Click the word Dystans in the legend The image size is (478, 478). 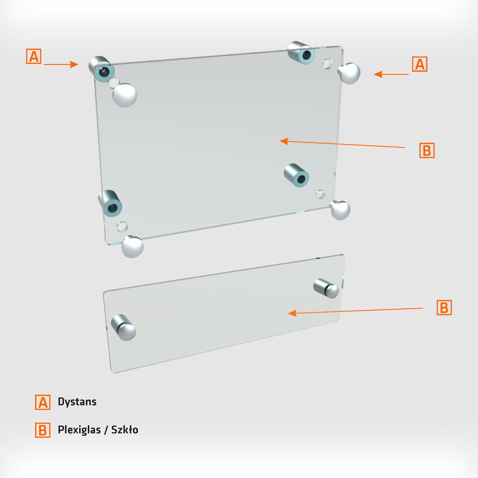(x=77, y=402)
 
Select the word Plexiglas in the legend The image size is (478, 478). (x=79, y=430)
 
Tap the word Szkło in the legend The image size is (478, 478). (x=125, y=430)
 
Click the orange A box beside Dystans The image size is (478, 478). (x=43, y=402)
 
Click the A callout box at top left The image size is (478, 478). (x=34, y=56)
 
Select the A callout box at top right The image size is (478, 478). (x=420, y=64)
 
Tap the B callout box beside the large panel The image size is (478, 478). (x=427, y=150)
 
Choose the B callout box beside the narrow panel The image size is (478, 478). (x=444, y=308)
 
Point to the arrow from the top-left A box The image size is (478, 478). (x=61, y=64)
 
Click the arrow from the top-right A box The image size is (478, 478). (x=391, y=74)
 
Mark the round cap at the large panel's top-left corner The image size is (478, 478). (x=125, y=95)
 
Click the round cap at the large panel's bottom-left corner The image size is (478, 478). (x=132, y=247)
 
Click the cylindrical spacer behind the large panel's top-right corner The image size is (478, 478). (x=302, y=53)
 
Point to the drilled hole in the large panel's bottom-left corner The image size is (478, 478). (x=122, y=227)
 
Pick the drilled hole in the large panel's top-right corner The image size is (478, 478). (x=328, y=64)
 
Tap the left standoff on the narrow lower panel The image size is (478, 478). (x=123, y=327)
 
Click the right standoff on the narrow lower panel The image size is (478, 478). (x=326, y=289)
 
